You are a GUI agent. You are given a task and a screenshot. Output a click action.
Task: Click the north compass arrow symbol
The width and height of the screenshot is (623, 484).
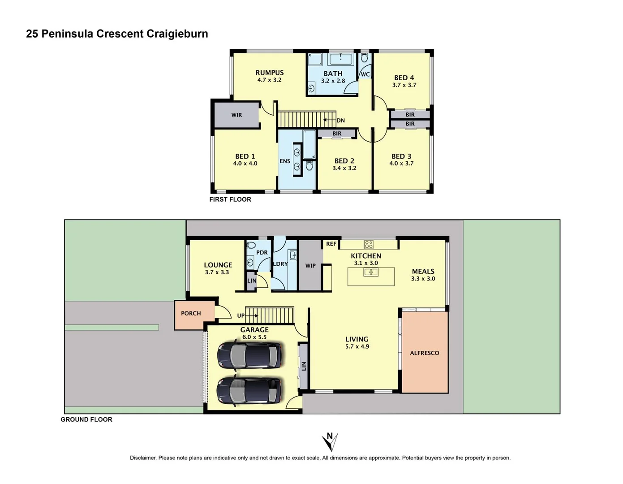coord(330,441)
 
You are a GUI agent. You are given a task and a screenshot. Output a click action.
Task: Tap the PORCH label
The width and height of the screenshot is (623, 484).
coord(191,313)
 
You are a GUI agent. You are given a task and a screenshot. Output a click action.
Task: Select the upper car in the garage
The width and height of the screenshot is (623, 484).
coord(249,354)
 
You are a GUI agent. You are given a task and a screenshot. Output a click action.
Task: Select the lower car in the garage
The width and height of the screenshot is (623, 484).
coord(249,390)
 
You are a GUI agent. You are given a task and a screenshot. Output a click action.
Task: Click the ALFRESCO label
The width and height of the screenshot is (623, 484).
coord(425,353)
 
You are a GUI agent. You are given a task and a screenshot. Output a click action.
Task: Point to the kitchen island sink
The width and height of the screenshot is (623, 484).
coord(371,272)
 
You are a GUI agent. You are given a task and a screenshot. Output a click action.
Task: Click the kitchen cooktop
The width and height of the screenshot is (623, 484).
coord(369,244)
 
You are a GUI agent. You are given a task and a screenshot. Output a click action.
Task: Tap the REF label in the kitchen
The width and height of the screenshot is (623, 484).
coord(331,244)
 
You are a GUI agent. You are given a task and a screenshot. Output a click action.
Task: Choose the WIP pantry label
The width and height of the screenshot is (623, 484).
coord(310,266)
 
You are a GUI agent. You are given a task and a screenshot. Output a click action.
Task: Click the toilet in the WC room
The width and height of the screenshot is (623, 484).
coord(364,58)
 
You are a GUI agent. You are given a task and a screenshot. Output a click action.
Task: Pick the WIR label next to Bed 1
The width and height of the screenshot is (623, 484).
coord(236,115)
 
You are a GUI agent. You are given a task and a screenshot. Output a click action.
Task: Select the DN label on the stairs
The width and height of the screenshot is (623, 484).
coord(340,121)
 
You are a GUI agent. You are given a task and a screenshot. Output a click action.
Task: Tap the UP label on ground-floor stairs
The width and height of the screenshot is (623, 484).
coord(241,316)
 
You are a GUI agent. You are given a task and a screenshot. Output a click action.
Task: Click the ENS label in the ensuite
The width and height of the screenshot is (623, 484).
coord(285,161)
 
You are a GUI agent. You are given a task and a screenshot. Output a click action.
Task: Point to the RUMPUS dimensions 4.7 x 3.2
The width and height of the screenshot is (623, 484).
coord(269,80)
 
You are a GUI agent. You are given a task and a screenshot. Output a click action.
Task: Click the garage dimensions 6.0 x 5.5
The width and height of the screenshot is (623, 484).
coord(254,337)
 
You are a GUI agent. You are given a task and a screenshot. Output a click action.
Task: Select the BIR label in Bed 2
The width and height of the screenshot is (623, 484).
coord(337,134)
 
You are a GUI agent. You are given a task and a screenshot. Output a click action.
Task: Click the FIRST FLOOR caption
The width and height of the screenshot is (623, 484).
coord(230,199)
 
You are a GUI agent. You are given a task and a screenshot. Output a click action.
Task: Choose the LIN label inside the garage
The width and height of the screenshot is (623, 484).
coord(304,366)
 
